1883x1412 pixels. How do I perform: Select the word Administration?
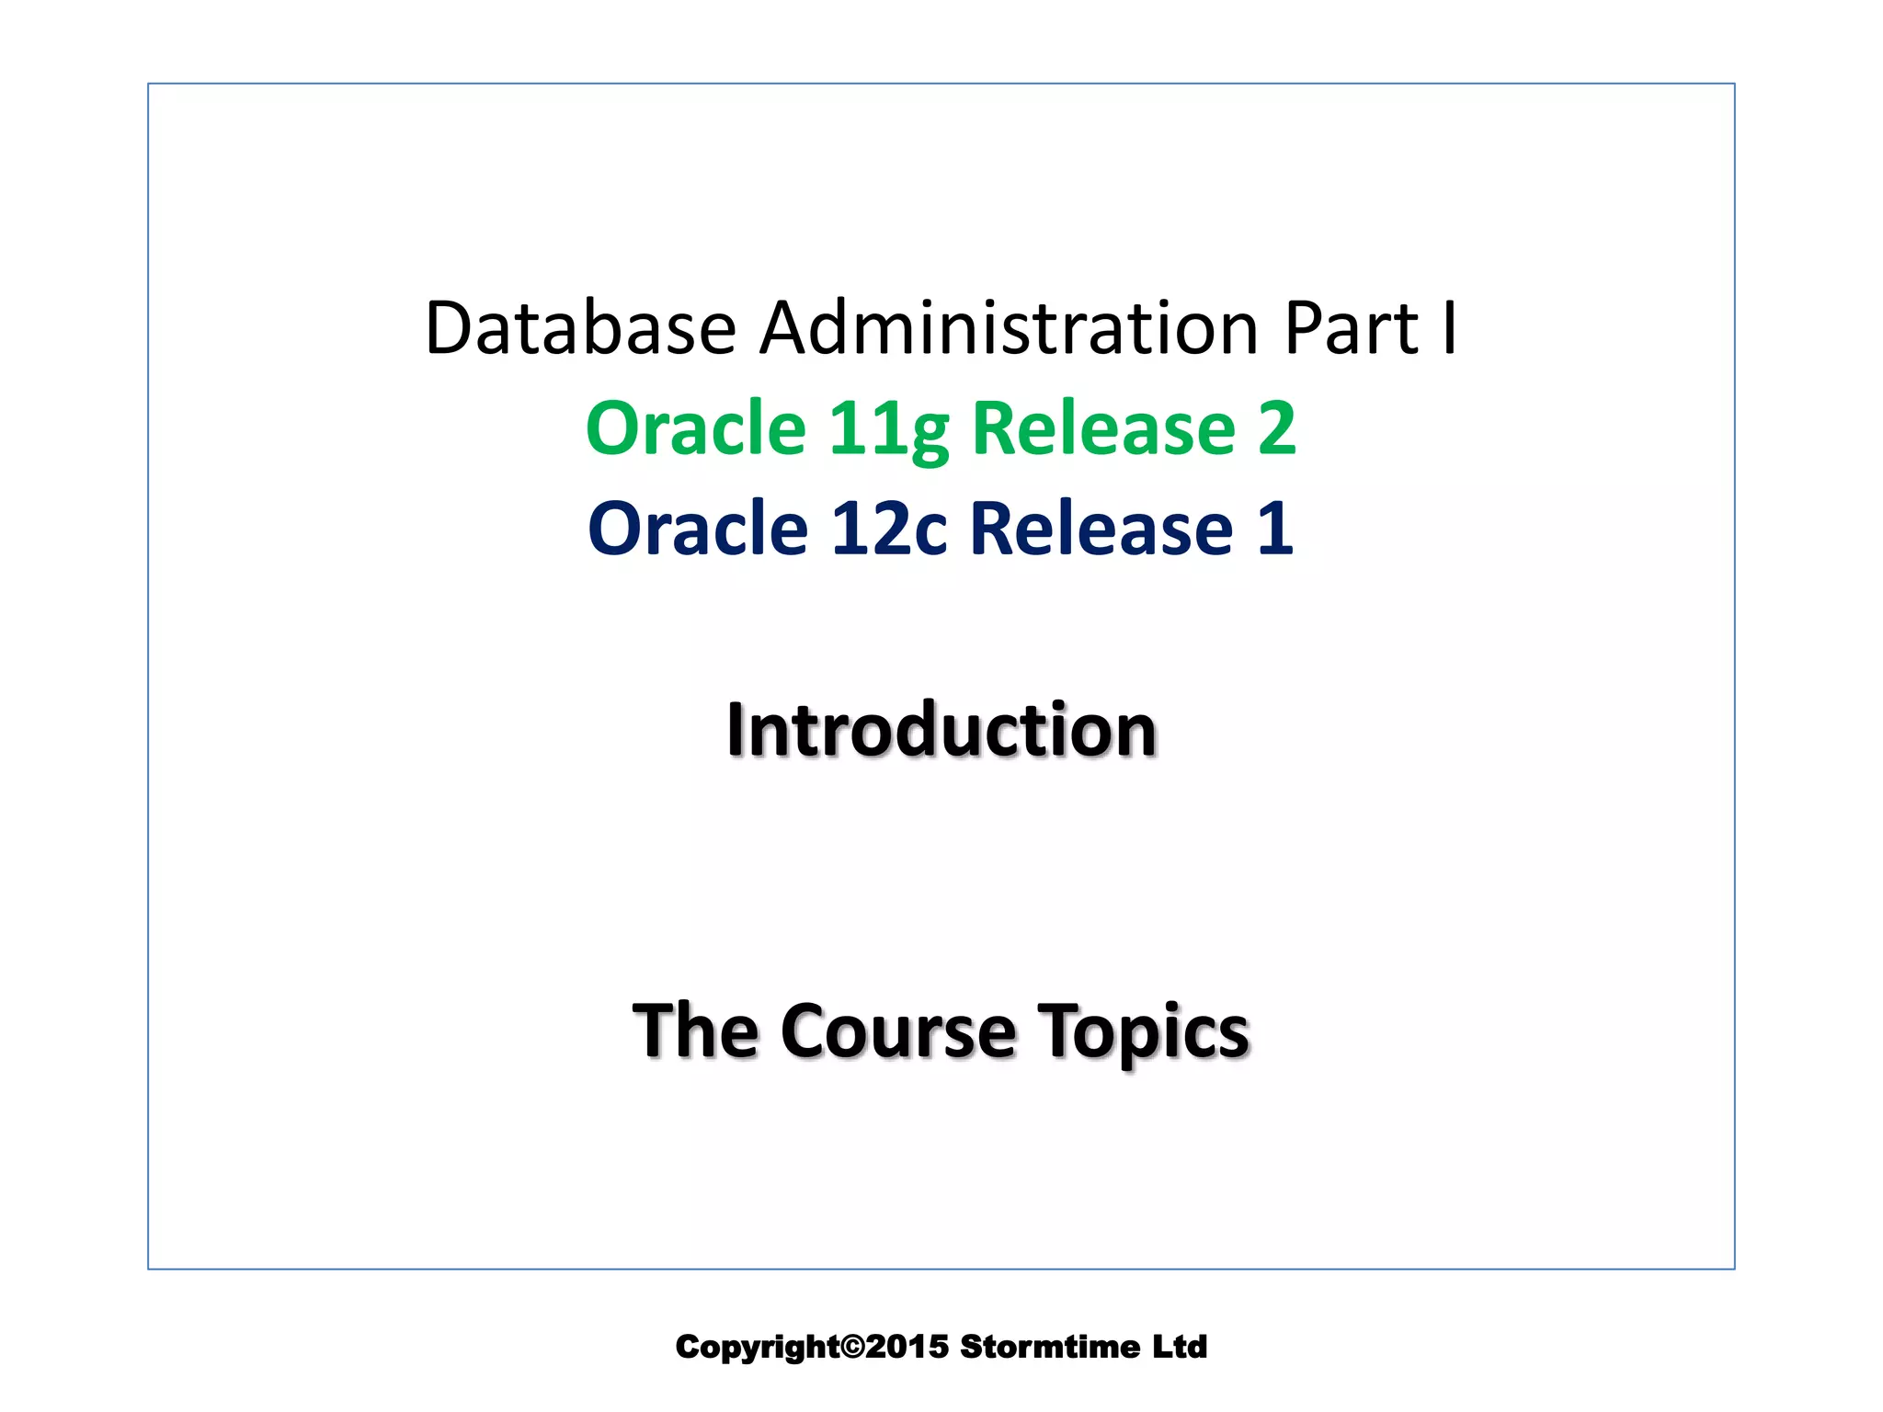(1009, 328)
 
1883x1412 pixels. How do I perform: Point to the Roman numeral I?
(1450, 328)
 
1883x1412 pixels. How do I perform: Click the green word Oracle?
(696, 428)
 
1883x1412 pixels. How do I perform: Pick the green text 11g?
(888, 430)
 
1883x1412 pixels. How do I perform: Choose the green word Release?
(1103, 428)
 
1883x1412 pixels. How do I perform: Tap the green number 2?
(1276, 428)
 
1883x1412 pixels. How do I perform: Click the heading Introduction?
(941, 730)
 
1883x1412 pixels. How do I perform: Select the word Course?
(898, 1031)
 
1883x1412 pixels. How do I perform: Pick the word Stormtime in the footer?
(1050, 1347)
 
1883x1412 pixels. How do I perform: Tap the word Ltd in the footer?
(1180, 1347)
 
